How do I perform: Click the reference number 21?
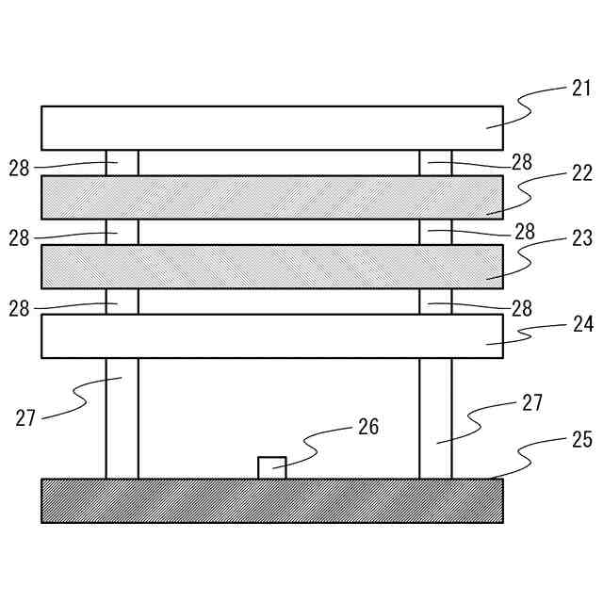580,89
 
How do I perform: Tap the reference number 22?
580,172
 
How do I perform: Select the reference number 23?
580,239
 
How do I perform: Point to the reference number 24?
581,324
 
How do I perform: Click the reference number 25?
581,440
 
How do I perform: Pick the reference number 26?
367,427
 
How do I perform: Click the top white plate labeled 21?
271,128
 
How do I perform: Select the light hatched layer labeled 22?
271,197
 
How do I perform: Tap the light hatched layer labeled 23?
271,267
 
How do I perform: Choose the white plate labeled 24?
271,336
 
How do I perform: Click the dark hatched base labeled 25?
271,500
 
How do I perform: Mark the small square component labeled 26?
271,467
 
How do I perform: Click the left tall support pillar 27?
122,417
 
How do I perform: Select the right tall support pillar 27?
435,417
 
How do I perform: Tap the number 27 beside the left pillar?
25,417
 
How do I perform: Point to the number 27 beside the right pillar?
532,403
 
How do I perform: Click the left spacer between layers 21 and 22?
122,162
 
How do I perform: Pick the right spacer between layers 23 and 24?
435,301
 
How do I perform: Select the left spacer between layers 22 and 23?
122,232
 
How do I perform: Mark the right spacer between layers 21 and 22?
435,162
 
